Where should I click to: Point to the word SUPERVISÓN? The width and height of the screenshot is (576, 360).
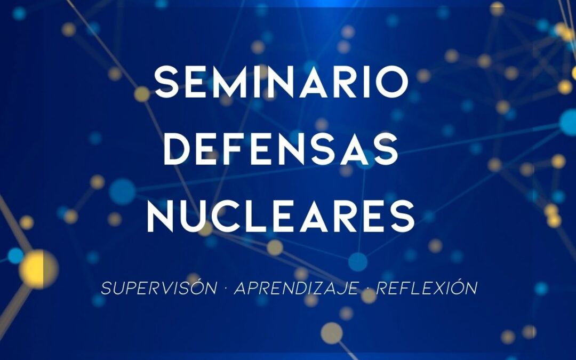159,289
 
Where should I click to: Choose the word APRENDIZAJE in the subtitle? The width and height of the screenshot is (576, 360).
297,289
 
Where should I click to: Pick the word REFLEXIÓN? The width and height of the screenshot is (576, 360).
427,289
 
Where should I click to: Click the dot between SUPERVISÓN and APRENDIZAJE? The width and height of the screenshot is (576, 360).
226,289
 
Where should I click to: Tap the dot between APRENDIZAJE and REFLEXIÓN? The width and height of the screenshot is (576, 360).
368,289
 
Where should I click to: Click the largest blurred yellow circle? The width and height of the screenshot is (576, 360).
38,268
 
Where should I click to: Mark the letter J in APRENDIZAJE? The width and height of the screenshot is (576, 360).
347,289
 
